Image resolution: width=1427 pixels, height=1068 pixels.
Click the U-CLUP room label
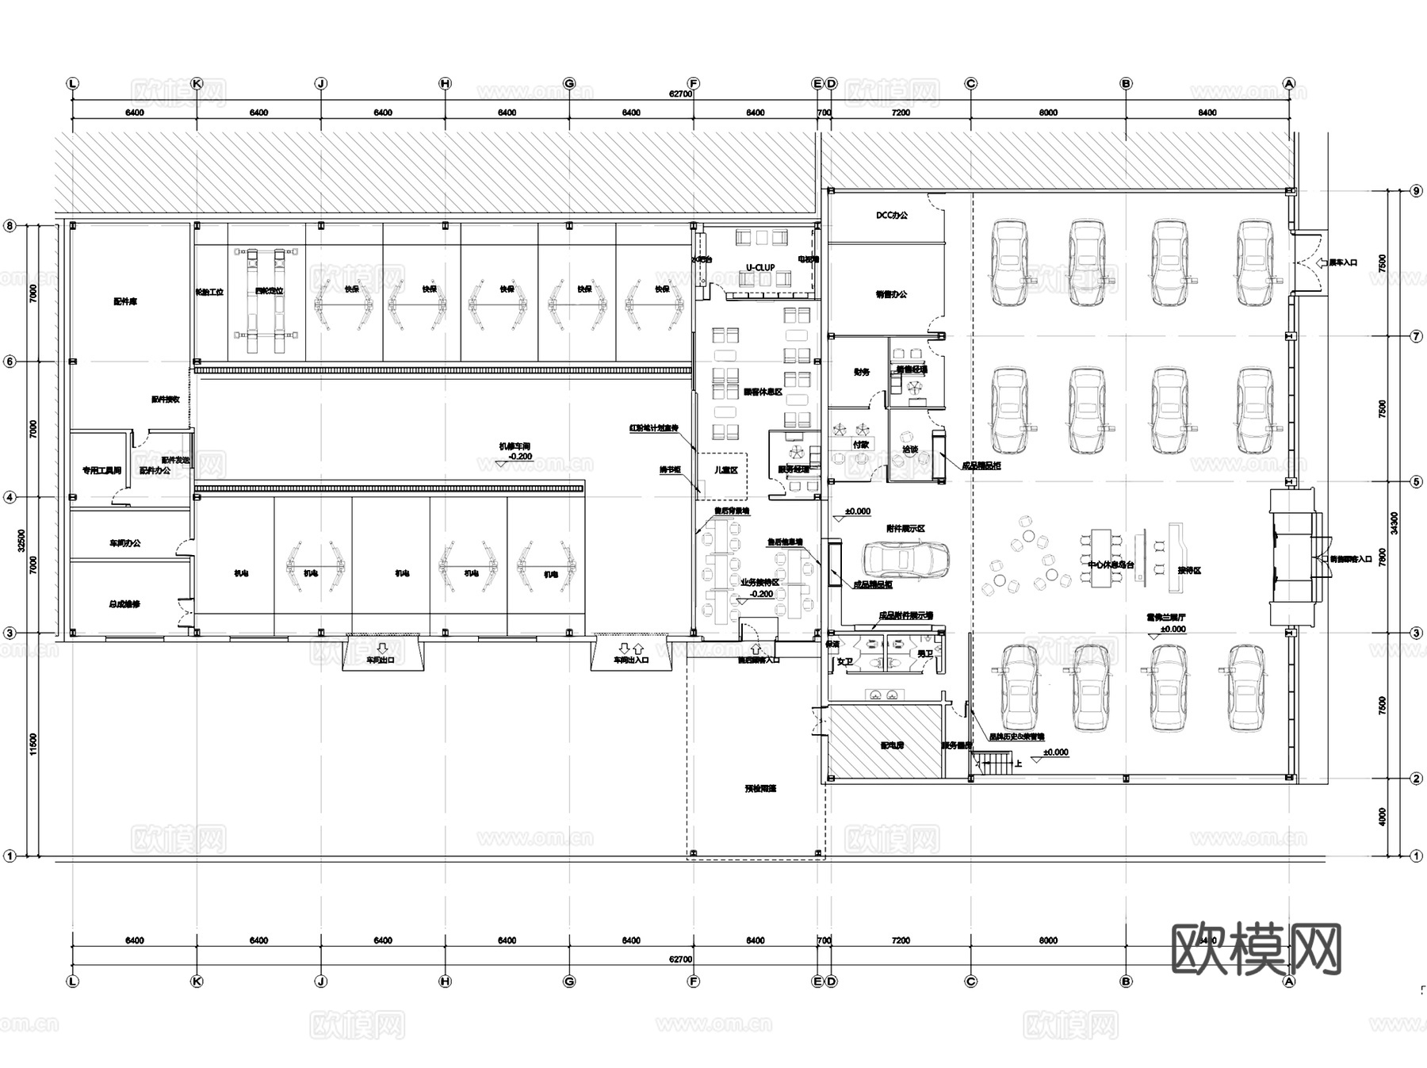(x=759, y=268)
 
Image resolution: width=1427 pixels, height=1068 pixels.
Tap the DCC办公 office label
(x=892, y=216)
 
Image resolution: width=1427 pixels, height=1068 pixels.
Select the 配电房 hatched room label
(x=892, y=746)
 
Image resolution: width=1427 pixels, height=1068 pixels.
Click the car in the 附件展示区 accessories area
(x=905, y=559)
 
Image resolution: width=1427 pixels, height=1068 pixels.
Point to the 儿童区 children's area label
(x=725, y=470)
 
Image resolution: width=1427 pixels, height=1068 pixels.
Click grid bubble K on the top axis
(x=197, y=83)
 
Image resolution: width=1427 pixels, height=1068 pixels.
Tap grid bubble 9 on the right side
(x=1417, y=190)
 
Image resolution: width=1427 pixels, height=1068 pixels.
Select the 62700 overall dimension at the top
(x=680, y=94)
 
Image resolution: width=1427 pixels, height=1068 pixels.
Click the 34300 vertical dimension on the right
(x=1394, y=523)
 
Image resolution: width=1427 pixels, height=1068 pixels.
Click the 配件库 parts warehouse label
(x=125, y=302)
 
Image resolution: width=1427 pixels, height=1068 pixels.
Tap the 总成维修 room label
(x=124, y=604)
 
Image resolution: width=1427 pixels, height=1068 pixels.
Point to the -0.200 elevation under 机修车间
(x=520, y=457)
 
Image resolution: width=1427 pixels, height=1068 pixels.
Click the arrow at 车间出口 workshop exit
(x=382, y=648)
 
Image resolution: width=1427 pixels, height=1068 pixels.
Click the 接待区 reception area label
(x=1189, y=570)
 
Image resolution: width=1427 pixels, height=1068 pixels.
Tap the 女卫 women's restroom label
(x=845, y=661)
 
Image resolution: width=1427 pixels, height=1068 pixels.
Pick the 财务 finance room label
(x=861, y=372)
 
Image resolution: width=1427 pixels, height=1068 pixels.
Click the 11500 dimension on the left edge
(x=33, y=745)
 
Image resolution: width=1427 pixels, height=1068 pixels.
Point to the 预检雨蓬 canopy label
(x=759, y=789)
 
